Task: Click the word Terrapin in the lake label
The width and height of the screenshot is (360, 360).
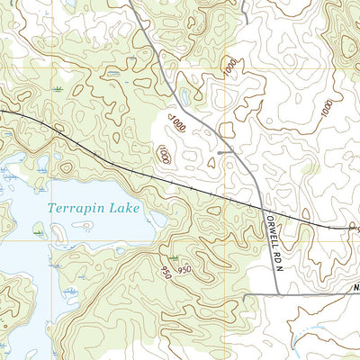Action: pos(76,208)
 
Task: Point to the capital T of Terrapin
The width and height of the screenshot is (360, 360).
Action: pos(52,208)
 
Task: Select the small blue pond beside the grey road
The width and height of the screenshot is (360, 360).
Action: pos(184,94)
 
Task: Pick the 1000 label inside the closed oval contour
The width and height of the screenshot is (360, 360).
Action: pos(163,155)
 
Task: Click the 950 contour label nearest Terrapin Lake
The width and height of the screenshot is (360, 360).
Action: pos(164,269)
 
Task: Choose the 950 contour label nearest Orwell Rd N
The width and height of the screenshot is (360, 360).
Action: pos(185,270)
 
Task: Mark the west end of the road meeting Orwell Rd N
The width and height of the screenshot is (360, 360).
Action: pos(245,294)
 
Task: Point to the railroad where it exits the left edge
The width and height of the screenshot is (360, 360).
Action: pos(2,111)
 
